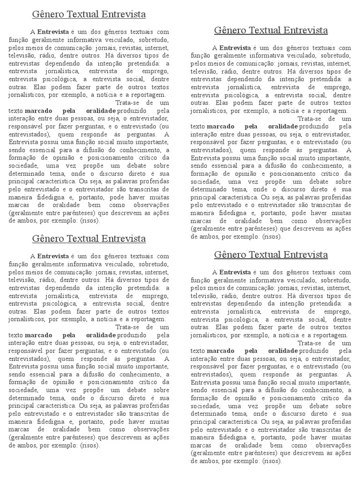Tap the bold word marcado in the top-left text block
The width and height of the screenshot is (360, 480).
[x=39, y=111]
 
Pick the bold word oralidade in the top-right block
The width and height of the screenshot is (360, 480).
[x=283, y=127]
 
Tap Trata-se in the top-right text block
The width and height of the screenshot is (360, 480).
[x=309, y=119]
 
